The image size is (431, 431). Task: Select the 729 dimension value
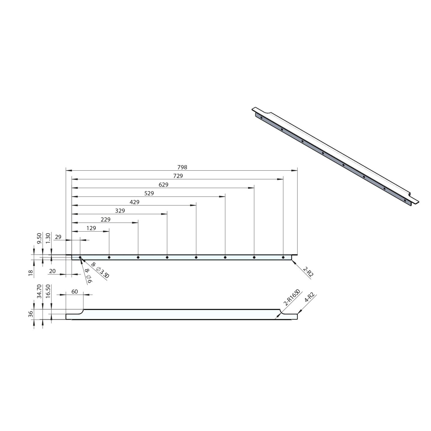tap(178, 176)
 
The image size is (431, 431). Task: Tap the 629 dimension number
tap(163, 185)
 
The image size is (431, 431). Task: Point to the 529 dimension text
tap(149, 193)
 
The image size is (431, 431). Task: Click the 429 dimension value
tap(134, 202)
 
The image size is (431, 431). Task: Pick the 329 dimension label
tap(120, 211)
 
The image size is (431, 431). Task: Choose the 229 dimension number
tap(106, 219)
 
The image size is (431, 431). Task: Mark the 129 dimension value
tap(91, 228)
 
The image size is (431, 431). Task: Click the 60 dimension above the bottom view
tap(74, 292)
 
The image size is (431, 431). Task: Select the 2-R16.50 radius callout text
tap(292, 298)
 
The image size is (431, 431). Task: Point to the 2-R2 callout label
tap(308, 271)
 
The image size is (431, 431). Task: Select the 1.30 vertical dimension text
tap(48, 238)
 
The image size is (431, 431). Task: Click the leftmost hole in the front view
tap(80, 257)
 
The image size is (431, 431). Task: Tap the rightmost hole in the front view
tap(283, 257)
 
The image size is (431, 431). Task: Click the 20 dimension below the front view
tap(52, 271)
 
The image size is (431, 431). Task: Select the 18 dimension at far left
tap(31, 272)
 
